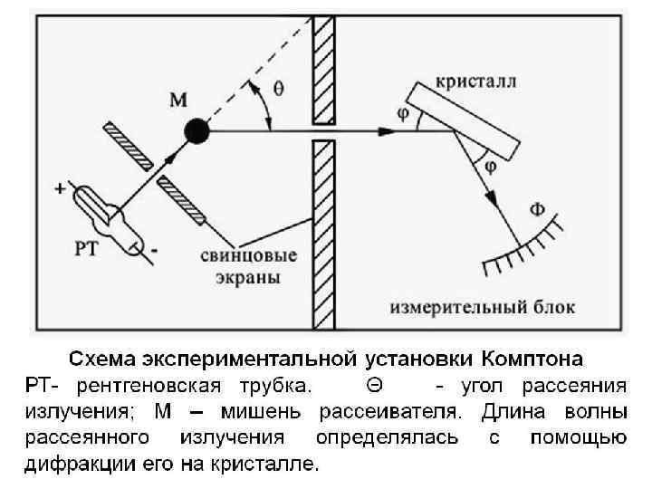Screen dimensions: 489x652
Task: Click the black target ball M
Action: (x=197, y=130)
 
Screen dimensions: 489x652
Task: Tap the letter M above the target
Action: (x=180, y=98)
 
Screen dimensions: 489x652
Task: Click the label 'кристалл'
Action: (x=477, y=81)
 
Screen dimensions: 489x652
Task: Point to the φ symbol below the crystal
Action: (x=490, y=167)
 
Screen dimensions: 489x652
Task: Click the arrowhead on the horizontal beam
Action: (x=387, y=130)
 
